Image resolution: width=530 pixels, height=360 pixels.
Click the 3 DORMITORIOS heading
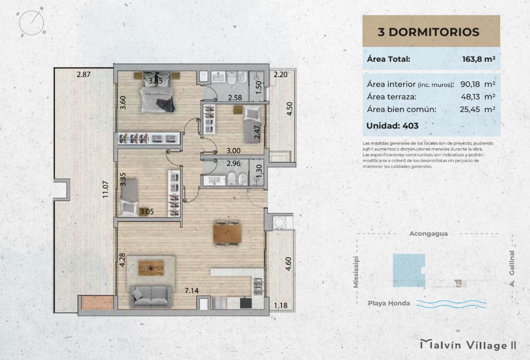(429, 32)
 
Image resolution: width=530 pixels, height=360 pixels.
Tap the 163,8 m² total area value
(479, 59)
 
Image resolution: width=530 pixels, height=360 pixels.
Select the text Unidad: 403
(392, 126)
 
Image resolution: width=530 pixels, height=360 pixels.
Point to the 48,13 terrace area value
(470, 97)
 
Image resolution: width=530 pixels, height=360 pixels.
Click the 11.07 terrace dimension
(106, 189)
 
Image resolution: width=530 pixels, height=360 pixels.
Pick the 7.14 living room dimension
(192, 291)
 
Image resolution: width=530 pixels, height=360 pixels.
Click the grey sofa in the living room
(151, 296)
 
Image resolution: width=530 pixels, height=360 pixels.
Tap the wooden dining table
(227, 234)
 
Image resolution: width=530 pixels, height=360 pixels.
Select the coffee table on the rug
(151, 267)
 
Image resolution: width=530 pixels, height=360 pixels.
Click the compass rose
(31, 23)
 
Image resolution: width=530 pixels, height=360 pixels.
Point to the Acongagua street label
(428, 234)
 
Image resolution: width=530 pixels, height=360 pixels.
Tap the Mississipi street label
(356, 272)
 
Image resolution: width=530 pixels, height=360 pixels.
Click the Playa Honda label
(389, 303)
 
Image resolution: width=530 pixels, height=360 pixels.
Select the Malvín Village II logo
(468, 345)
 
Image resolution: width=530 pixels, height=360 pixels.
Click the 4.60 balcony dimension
(288, 264)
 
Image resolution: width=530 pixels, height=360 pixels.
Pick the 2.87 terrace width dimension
(84, 75)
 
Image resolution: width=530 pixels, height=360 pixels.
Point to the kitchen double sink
(258, 286)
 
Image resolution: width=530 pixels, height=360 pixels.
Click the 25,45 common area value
(470, 109)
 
